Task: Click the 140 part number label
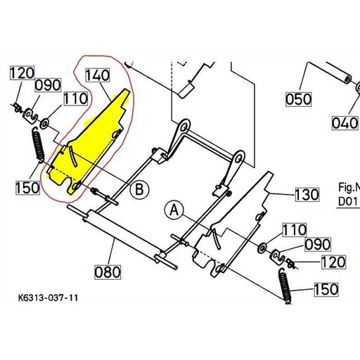tap(97, 74)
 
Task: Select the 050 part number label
tap(299, 99)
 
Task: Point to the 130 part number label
tap(307, 193)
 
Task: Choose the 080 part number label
tap(108, 271)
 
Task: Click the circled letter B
tap(140, 188)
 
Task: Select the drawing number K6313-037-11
tap(44, 298)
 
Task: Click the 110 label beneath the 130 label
tap(295, 229)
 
